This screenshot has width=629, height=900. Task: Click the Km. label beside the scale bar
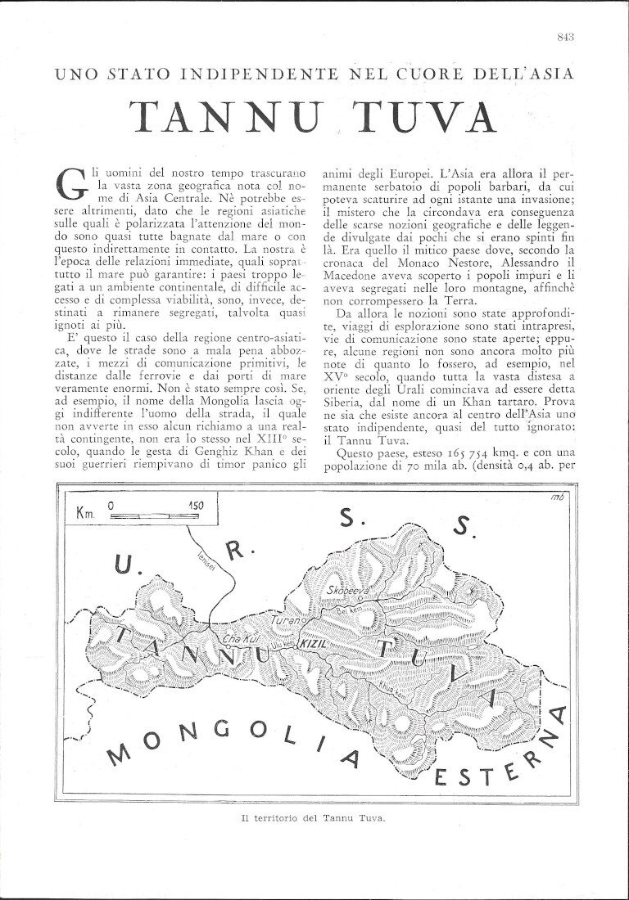[85, 515]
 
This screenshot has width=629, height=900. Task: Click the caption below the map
[314, 817]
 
